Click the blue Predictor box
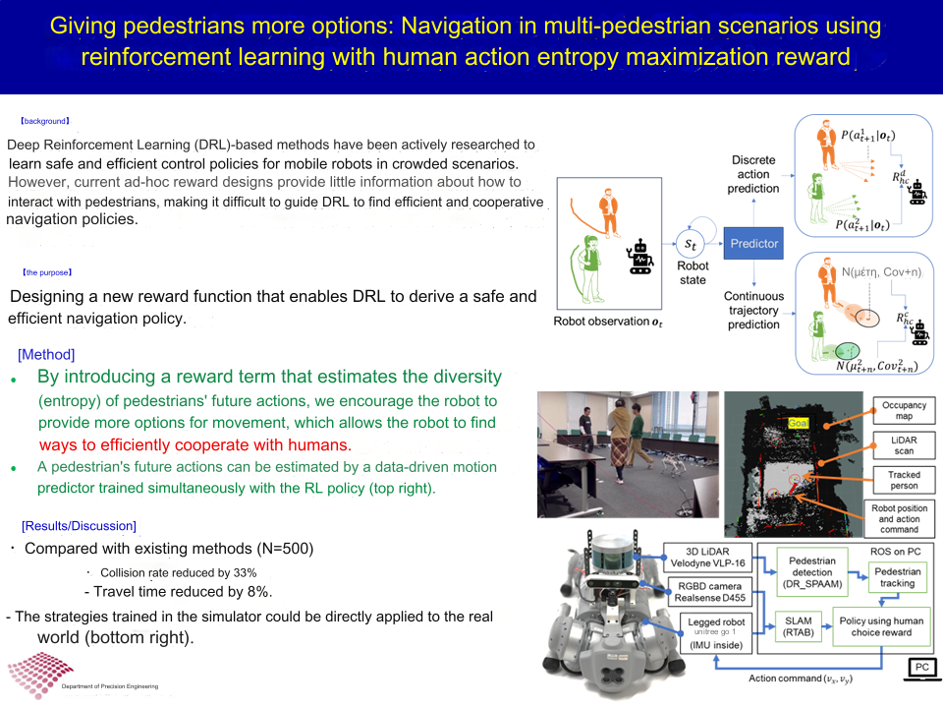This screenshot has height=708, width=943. [753, 243]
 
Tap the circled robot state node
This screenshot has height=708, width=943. [693, 242]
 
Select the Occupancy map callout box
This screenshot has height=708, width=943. [904, 411]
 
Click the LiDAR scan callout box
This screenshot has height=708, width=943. [904, 444]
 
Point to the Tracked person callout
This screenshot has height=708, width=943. [904, 479]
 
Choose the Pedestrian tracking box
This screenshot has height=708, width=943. [897, 577]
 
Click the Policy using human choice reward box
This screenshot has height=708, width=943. [880, 626]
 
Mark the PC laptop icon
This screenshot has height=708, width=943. [920, 669]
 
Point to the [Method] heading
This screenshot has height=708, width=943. [46, 354]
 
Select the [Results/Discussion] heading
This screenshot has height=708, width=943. [79, 526]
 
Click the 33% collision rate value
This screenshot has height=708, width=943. [245, 572]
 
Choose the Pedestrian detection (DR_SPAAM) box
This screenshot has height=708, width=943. [812, 570]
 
